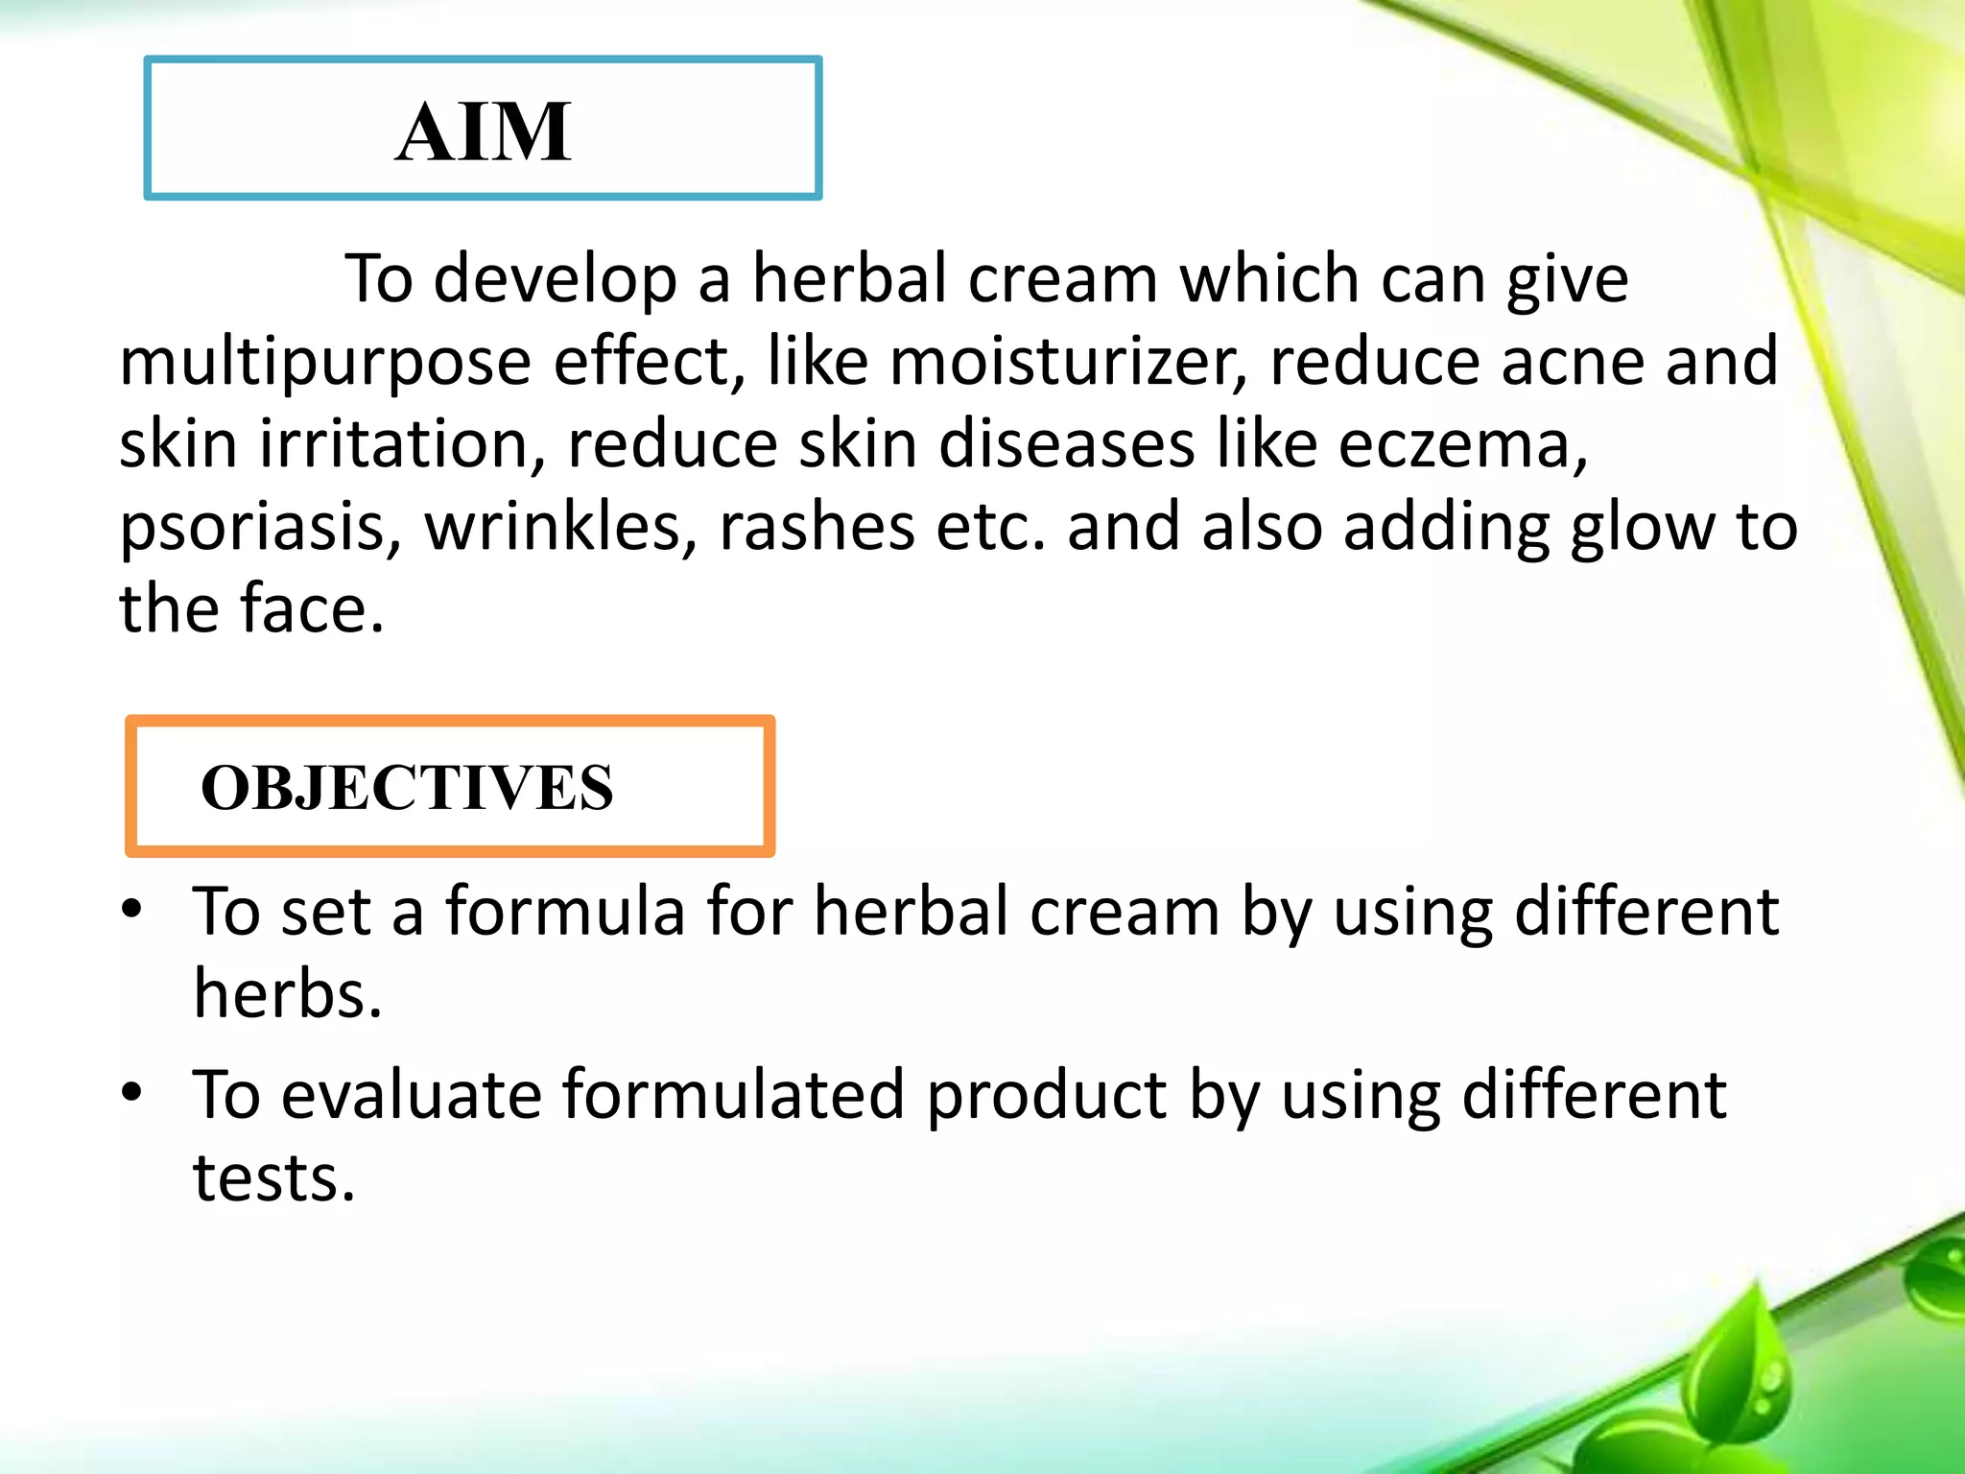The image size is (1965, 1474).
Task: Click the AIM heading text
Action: pos(484,132)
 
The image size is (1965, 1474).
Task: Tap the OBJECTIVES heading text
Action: pos(407,788)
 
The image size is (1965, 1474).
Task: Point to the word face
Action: pos(311,609)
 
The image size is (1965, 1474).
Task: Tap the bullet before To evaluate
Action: pos(132,1092)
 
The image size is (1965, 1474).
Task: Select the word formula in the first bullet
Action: pos(565,911)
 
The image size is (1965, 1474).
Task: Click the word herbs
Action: pos(287,993)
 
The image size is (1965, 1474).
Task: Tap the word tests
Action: pos(273,1177)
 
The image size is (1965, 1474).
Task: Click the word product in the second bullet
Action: pos(1046,1096)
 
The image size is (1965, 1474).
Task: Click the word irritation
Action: pos(402,445)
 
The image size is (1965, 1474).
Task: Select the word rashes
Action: pos(817,527)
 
